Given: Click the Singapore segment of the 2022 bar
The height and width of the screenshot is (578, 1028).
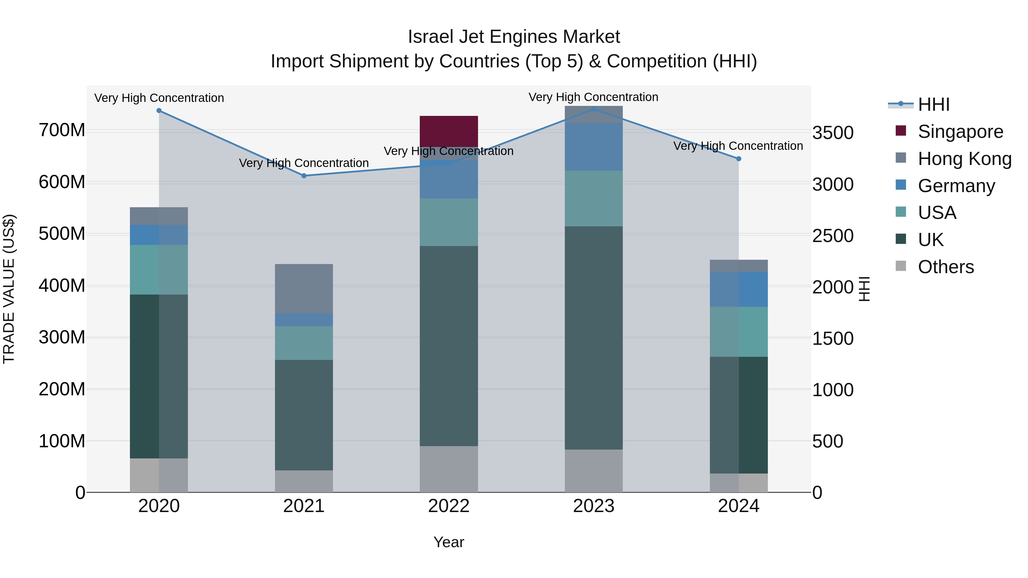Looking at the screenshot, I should pyautogui.click(x=449, y=131).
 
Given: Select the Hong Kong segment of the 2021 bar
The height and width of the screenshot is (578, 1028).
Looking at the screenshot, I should pyautogui.click(x=304, y=288).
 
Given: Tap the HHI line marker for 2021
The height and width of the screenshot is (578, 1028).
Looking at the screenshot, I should pyautogui.click(x=304, y=176).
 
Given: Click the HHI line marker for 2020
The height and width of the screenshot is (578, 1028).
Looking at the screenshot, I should pyautogui.click(x=159, y=110).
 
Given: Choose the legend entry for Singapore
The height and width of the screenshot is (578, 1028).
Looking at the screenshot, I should pyautogui.click(x=960, y=132).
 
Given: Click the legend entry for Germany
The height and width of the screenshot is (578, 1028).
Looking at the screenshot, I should pyautogui.click(x=956, y=186).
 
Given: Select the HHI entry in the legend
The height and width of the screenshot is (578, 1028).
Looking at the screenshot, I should pyautogui.click(x=933, y=104).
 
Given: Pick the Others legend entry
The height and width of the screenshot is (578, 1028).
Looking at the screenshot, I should pyautogui.click(x=945, y=267).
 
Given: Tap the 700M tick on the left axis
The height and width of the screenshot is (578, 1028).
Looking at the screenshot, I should pyautogui.click(x=62, y=130).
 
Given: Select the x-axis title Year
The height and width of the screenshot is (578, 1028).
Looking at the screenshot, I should pyautogui.click(x=449, y=542).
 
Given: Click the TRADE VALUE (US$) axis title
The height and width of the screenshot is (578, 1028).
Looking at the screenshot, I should pyautogui.click(x=9, y=289).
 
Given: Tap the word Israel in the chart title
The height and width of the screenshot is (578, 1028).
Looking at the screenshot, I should pyautogui.click(x=431, y=37).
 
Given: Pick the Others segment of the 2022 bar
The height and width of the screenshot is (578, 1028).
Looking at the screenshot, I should pyautogui.click(x=449, y=469).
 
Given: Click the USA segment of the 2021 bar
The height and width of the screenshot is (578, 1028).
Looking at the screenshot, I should pyautogui.click(x=304, y=343).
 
